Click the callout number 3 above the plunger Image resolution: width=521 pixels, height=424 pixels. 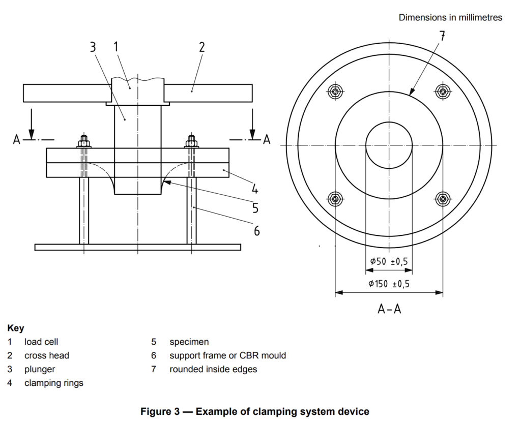click(x=93, y=47)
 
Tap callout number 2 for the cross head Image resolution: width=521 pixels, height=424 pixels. click(x=201, y=47)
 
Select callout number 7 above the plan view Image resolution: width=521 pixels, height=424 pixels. click(x=442, y=36)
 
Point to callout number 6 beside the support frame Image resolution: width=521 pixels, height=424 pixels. click(x=257, y=231)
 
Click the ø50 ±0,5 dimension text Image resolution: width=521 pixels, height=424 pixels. click(x=389, y=261)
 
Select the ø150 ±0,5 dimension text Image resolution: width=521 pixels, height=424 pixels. click(x=389, y=284)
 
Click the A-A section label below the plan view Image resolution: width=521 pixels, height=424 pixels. click(x=389, y=309)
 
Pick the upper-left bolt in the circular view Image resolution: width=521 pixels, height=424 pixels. click(x=335, y=92)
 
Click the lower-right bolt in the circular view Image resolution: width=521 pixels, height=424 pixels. click(x=443, y=198)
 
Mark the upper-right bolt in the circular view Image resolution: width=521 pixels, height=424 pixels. click(x=443, y=92)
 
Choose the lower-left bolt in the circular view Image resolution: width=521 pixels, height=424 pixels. click(x=335, y=198)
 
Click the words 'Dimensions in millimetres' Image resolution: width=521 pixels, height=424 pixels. click(x=450, y=18)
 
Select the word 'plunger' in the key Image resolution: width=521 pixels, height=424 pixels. click(x=40, y=370)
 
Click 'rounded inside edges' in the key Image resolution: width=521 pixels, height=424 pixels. click(x=213, y=370)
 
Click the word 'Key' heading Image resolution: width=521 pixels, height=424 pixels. click(x=16, y=328)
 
